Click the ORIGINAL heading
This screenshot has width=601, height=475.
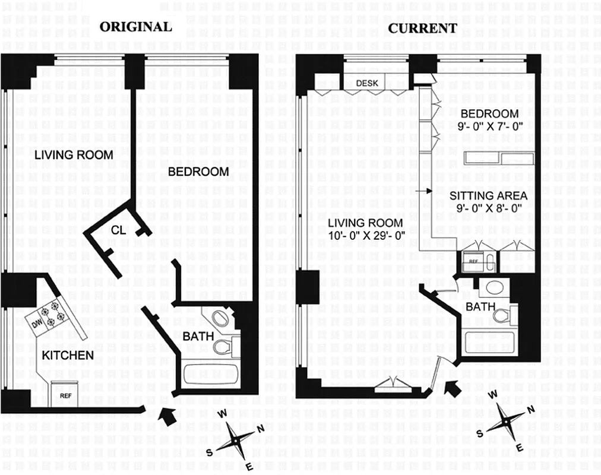click(x=135, y=27)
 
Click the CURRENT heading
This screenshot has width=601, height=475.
click(x=422, y=28)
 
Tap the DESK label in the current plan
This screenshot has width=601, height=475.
click(x=367, y=83)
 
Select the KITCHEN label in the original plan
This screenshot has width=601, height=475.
click(x=67, y=356)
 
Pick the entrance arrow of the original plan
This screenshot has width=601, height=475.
click(x=168, y=416)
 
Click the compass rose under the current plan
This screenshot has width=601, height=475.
click(x=507, y=422)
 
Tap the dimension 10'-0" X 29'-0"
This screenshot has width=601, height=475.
click(x=366, y=235)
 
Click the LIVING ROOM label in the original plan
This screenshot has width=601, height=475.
click(x=73, y=155)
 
